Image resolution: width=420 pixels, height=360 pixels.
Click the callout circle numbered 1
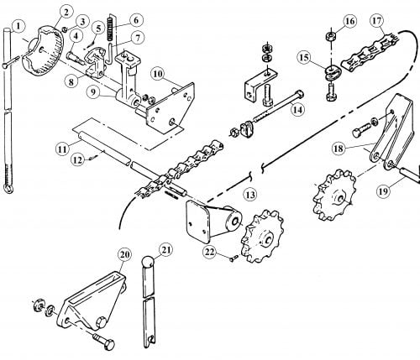(18, 27)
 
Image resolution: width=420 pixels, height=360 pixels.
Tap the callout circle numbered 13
(250, 194)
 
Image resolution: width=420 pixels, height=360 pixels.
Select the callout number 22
(211, 253)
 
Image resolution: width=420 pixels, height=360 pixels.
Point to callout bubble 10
(158, 74)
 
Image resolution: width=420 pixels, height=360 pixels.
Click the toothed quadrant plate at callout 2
(44, 51)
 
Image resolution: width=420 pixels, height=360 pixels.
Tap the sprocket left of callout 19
(333, 195)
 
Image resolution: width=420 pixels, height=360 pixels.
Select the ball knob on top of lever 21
(148, 262)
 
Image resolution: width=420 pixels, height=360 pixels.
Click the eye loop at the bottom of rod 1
(8, 188)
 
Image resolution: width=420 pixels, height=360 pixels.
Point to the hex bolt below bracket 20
(102, 341)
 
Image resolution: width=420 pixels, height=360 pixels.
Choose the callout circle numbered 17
(377, 21)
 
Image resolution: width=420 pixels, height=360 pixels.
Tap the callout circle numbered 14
(297, 110)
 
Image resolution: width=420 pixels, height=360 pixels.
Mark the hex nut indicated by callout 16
(331, 36)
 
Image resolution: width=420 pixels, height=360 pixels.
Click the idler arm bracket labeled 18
(392, 132)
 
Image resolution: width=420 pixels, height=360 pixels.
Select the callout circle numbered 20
(125, 254)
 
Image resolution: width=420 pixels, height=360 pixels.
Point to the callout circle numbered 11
(62, 149)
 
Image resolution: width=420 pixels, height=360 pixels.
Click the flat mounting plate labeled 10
(171, 107)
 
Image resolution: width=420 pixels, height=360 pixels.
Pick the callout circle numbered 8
(71, 82)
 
